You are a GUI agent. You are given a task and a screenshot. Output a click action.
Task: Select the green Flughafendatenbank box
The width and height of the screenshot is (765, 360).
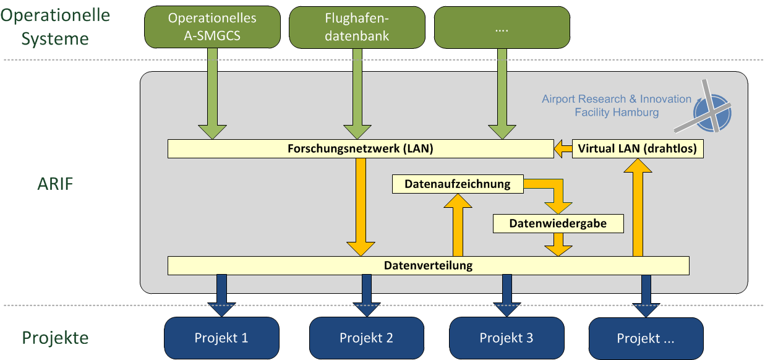[x=357, y=27]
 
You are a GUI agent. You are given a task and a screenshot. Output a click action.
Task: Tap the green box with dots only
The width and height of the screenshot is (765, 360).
[x=502, y=27]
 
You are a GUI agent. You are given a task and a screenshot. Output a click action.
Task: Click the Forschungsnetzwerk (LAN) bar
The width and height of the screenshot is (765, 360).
[x=361, y=149]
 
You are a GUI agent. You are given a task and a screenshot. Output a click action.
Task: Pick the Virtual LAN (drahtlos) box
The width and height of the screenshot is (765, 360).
[x=638, y=149]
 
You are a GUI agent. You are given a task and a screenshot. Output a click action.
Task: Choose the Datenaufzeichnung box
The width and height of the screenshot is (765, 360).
[x=458, y=184]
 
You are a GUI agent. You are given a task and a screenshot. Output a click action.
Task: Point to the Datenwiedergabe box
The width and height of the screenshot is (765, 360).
[x=558, y=223]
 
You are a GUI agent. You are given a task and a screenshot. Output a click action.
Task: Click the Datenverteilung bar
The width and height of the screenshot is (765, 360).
[x=428, y=266]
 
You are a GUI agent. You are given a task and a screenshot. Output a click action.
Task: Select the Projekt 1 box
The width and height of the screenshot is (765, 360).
[x=221, y=338]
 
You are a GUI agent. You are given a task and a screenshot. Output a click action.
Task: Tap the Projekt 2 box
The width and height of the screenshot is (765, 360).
[x=366, y=338]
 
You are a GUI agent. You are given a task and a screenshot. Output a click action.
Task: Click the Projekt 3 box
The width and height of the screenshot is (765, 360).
[x=506, y=338]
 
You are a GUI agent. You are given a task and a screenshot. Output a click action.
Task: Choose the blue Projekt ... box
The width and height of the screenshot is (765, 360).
[x=646, y=338]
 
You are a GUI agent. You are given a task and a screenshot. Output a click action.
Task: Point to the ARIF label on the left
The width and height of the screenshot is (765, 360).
[x=54, y=184]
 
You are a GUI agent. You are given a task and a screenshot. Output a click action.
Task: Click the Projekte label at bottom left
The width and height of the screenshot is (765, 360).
[x=56, y=338]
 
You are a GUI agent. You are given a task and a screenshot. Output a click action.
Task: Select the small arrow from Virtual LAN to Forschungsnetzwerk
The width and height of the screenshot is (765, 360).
[x=562, y=149]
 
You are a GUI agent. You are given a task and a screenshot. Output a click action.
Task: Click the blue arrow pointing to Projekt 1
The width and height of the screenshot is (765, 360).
[x=221, y=297]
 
